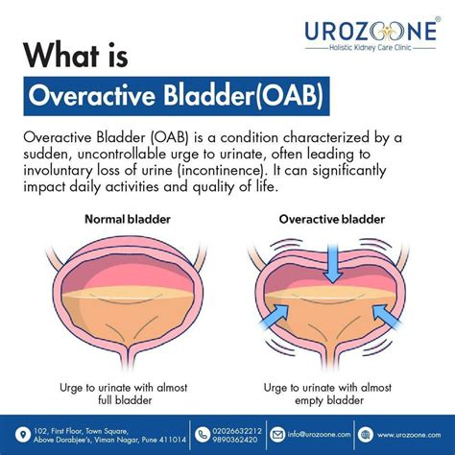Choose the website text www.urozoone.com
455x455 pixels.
[x=407, y=432]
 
